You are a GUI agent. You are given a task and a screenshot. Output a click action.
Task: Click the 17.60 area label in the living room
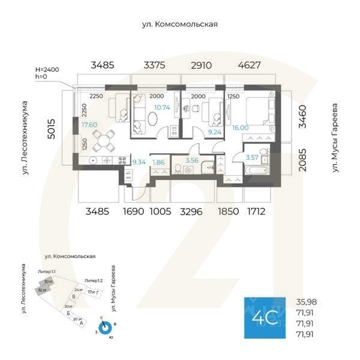pos(89,125)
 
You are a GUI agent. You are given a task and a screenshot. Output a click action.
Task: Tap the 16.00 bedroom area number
pos(239,128)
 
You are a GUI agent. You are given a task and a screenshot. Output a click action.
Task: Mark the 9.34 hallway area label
pos(139,161)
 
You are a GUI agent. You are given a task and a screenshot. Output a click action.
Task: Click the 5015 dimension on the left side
pos(53,128)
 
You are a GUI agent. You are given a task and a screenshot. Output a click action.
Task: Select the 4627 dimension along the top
pos(249,65)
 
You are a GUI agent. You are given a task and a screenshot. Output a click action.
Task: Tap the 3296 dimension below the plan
pos(191,211)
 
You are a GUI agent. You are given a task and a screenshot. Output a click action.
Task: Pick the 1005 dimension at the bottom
pos(160,211)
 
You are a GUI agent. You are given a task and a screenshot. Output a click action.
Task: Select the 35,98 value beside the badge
pos(308,302)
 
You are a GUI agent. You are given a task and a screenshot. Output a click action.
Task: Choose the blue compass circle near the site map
pos(106,328)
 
